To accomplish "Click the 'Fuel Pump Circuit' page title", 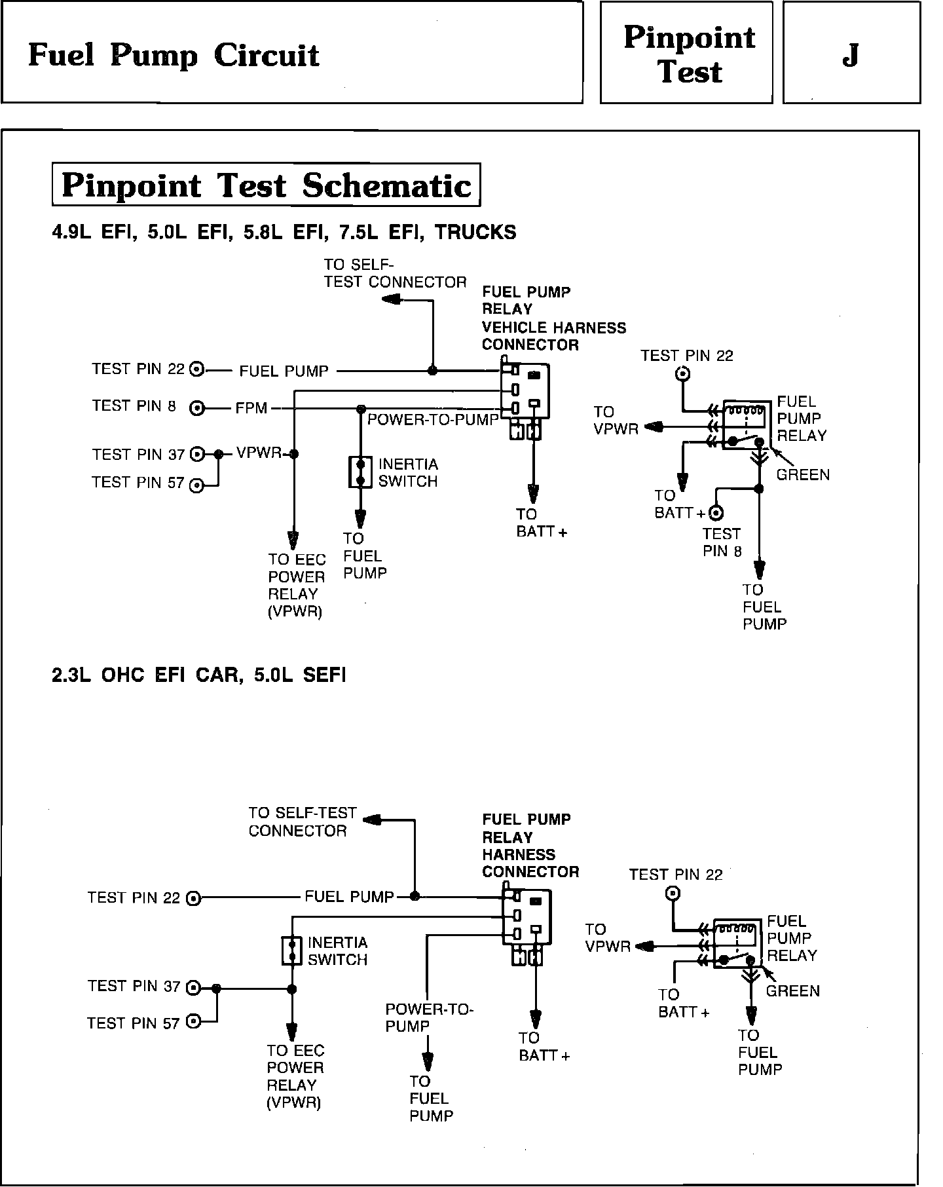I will (174, 56).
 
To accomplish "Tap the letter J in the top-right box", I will (850, 56).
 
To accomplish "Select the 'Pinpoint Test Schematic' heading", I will (266, 185).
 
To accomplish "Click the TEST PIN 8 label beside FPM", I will (134, 406).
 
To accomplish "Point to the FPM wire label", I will (251, 409).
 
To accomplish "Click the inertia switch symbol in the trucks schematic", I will (360, 472).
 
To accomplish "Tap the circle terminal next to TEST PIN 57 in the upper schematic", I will (196, 485).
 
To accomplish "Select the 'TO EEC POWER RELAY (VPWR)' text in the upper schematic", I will (297, 586).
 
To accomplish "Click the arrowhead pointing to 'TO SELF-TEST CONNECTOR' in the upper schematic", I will (390, 299).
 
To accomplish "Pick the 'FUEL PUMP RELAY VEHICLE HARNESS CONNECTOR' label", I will (553, 318).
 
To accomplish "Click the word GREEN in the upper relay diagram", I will (803, 474).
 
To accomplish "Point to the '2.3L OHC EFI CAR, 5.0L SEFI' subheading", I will (198, 675).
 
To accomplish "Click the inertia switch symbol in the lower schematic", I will (291, 951).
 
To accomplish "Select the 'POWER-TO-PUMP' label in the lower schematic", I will (429, 1017).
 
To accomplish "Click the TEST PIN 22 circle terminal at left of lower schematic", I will (193, 898).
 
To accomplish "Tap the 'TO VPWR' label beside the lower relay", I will (607, 937).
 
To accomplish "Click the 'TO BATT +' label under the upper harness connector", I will (541, 523).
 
